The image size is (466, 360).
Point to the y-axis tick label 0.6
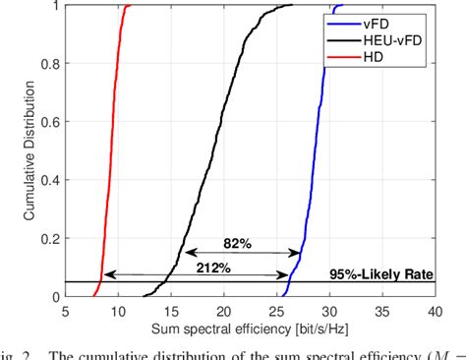tap(47, 121)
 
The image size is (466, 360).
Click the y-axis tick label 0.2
tap(47, 237)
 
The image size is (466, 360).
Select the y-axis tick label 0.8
tap(47, 63)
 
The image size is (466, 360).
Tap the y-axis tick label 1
tap(53, 5)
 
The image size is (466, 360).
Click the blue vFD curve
tap(311, 148)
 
